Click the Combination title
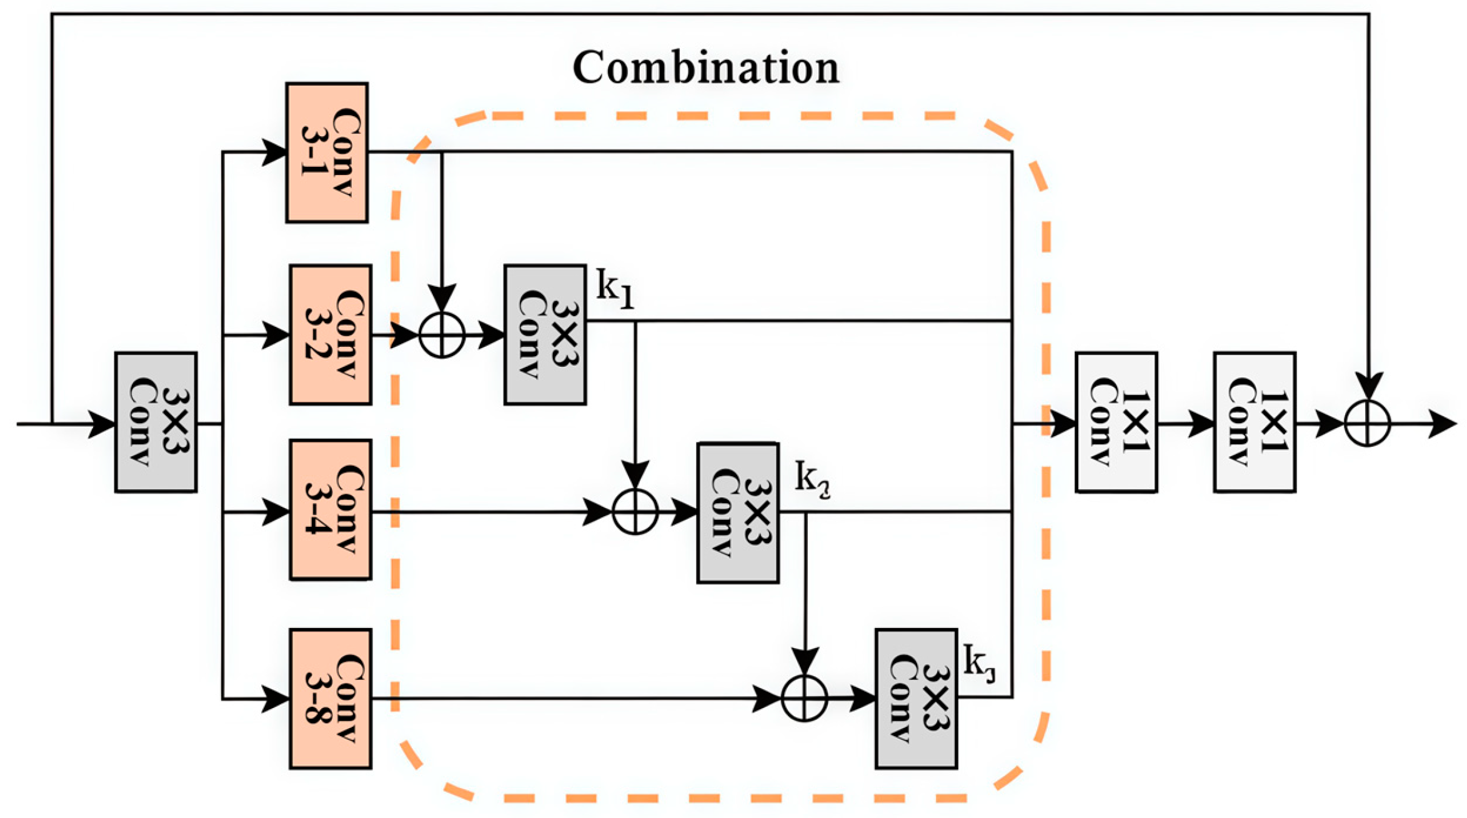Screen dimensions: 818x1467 (x=706, y=67)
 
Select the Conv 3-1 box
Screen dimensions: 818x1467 (x=327, y=152)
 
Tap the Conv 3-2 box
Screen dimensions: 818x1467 (x=331, y=335)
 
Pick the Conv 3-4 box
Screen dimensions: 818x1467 (x=331, y=510)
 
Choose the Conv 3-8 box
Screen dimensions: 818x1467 (x=331, y=699)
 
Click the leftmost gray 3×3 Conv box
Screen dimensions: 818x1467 (x=156, y=422)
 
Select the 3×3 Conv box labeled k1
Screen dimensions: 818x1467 (x=545, y=335)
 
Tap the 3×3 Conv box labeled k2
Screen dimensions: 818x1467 (x=738, y=513)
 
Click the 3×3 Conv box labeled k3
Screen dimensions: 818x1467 (x=916, y=699)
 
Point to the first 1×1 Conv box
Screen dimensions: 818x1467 (x=1116, y=422)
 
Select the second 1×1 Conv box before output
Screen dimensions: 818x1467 (x=1255, y=422)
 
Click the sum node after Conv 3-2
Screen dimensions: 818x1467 (x=442, y=335)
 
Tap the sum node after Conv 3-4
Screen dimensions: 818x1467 (x=635, y=512)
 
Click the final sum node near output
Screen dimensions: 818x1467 (x=1367, y=424)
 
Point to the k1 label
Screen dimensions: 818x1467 (x=615, y=288)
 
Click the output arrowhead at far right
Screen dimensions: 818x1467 (x=1443, y=424)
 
